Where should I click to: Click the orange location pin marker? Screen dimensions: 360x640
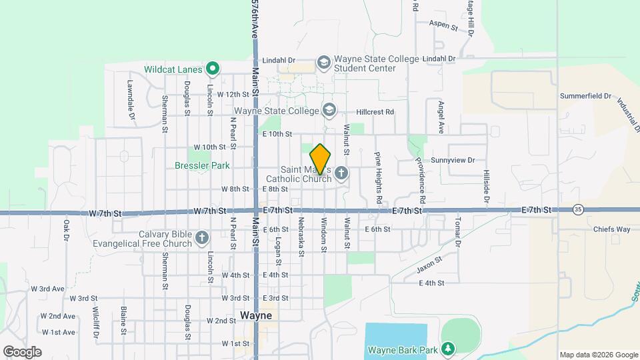point(321,159)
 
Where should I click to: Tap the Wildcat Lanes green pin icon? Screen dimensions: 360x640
point(213,68)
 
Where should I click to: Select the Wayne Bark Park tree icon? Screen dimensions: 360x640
point(449,349)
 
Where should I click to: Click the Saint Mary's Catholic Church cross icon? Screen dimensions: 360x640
point(341,174)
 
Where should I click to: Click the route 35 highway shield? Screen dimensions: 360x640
point(577,209)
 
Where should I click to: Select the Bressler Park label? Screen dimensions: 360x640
point(201,165)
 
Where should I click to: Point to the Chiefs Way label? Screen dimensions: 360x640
point(611,229)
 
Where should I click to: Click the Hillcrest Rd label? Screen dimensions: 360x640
point(375,112)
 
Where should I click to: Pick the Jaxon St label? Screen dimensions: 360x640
point(429,265)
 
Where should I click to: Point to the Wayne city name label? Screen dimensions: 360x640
point(256,315)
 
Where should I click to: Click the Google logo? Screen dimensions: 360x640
point(22,352)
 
